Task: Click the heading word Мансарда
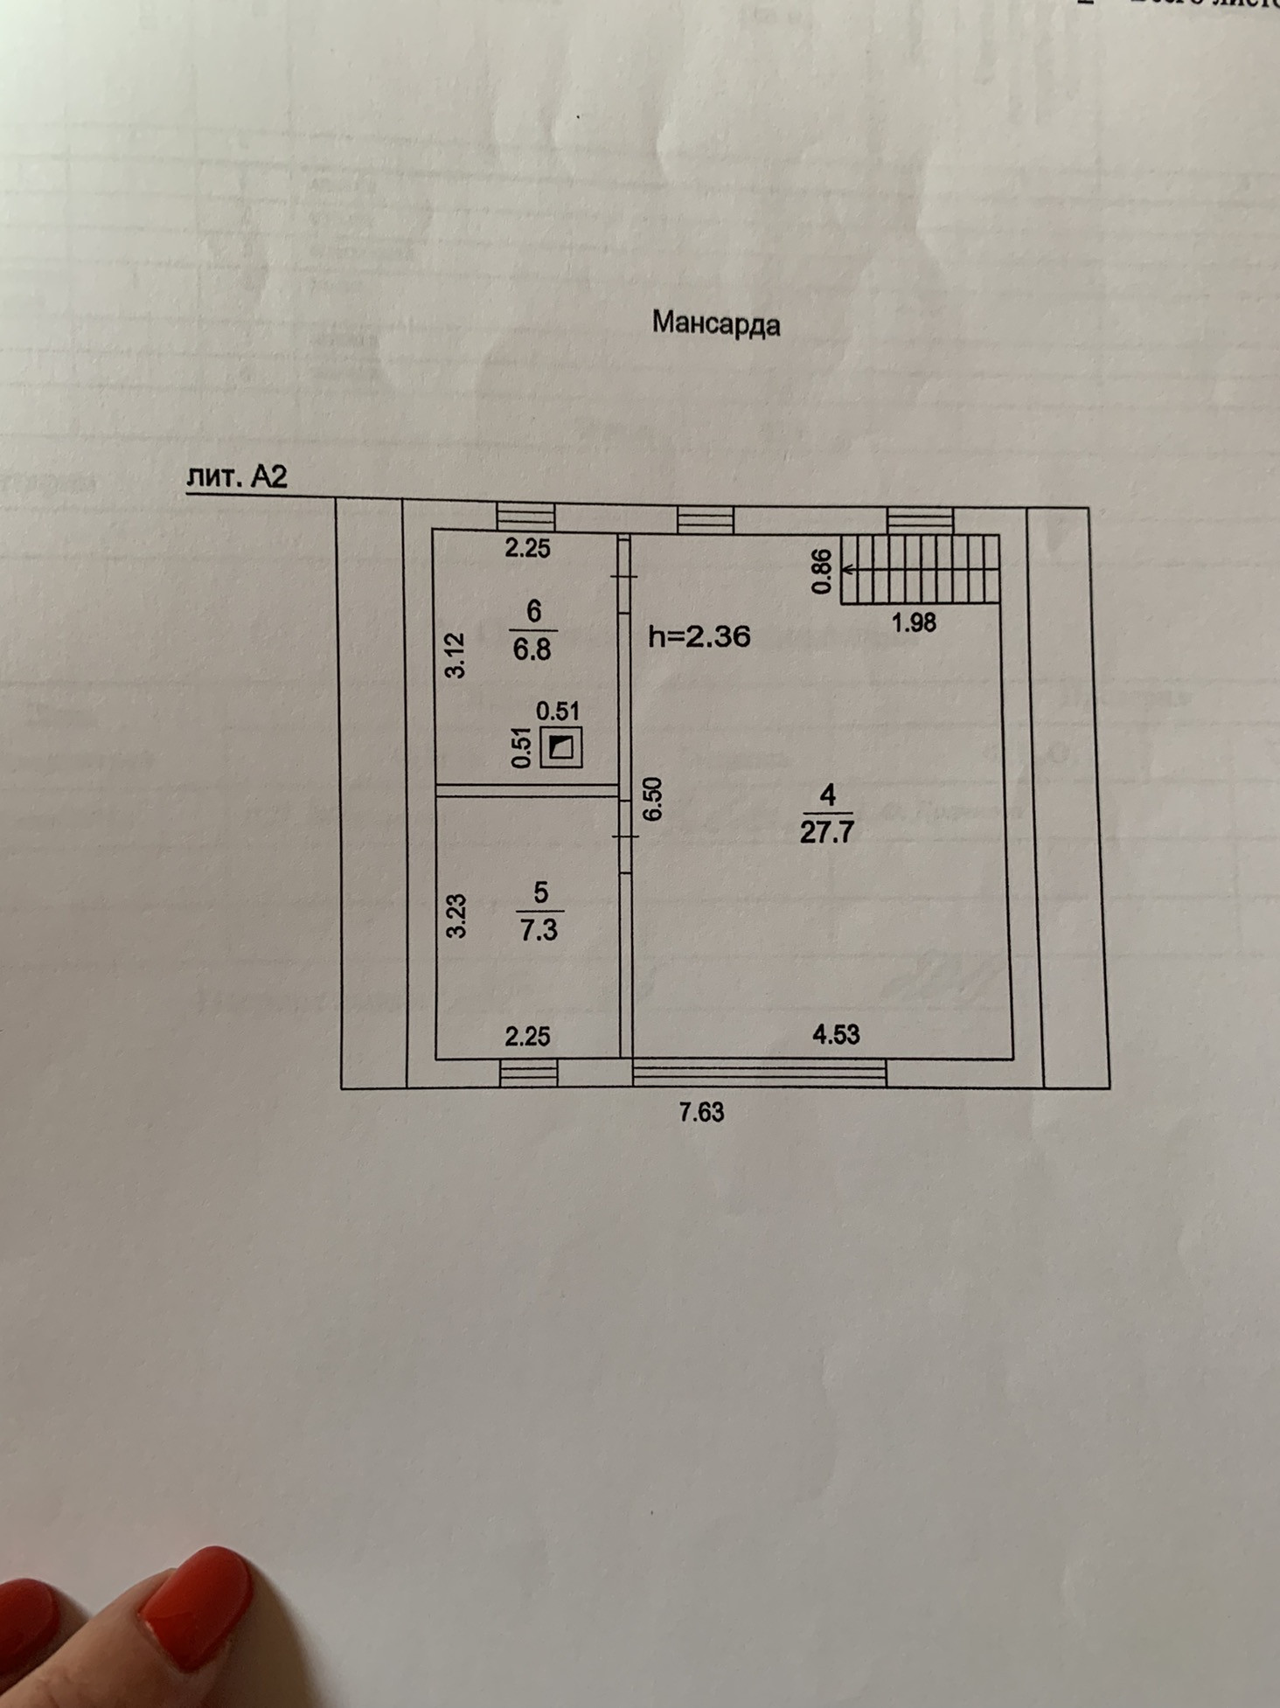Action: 715,324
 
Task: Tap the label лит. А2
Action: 237,477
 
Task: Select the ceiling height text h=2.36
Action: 699,636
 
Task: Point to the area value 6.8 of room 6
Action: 532,650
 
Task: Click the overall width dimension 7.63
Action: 701,1112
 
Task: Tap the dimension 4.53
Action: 836,1035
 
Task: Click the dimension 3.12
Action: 456,656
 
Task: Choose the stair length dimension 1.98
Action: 913,622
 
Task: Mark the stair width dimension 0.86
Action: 822,572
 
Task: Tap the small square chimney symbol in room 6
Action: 560,748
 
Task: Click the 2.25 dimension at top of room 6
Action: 527,549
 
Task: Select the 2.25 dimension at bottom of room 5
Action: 527,1037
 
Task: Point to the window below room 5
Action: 528,1073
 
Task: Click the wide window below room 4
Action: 759,1073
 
